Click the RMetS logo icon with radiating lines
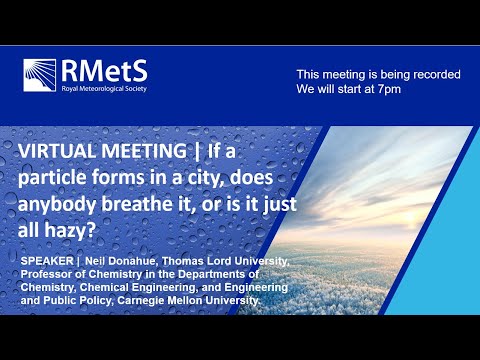tap(42, 75)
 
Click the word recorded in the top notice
tap(433, 75)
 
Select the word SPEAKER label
tap(46, 261)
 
